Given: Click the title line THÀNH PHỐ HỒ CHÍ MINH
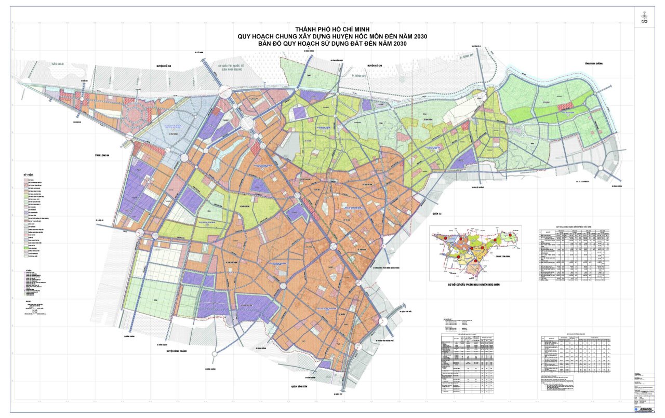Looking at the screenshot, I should coord(333,29).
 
